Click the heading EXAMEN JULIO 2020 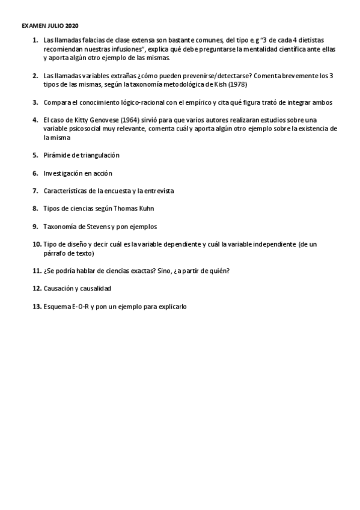49,26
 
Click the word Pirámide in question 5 58,155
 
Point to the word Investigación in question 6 64,173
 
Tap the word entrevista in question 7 156,191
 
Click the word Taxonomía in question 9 61,227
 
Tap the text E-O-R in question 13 79,307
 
